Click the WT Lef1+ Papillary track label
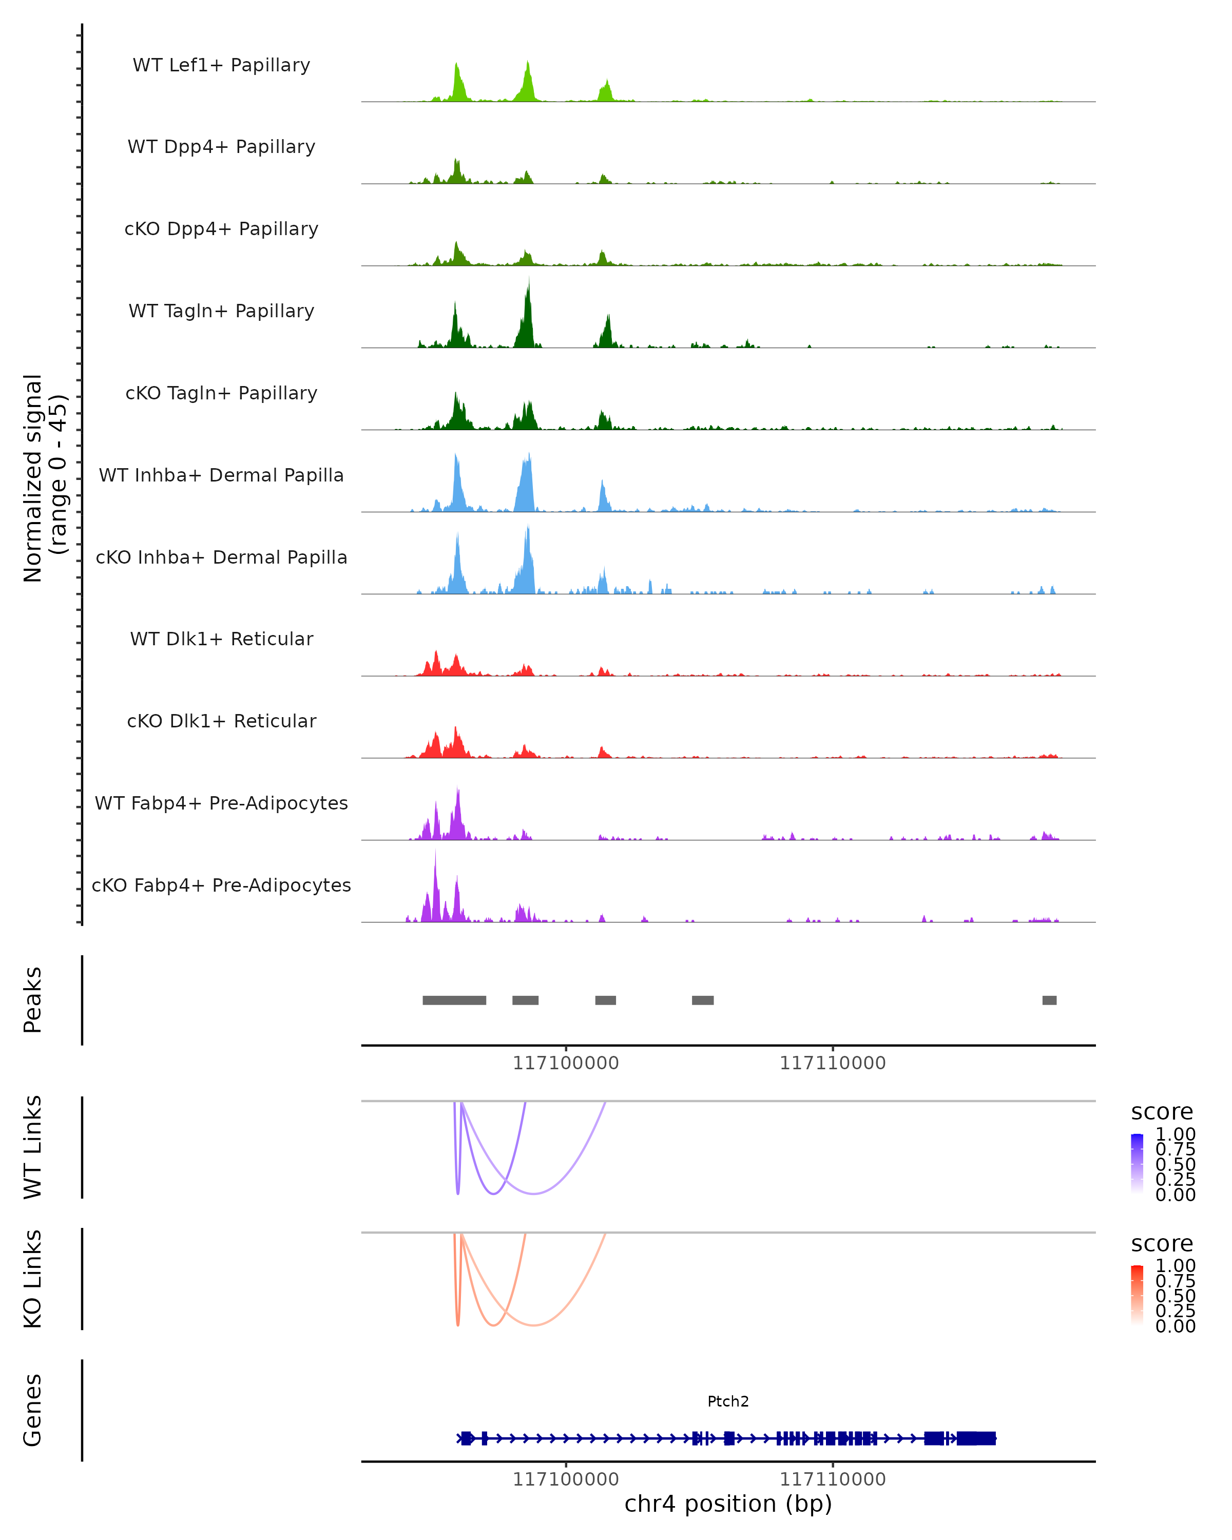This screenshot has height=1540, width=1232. [x=221, y=65]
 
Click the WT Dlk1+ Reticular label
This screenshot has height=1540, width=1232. [x=221, y=639]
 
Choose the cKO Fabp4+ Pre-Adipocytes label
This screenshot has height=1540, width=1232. [x=221, y=885]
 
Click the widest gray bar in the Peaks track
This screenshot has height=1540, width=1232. [x=454, y=1000]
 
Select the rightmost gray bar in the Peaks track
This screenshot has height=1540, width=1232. [x=1049, y=1000]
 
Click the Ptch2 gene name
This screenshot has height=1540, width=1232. [x=728, y=1401]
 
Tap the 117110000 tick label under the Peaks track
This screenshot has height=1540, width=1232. [x=832, y=1063]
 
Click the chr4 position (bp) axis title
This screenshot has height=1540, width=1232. [x=728, y=1504]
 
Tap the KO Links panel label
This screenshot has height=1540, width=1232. [x=33, y=1279]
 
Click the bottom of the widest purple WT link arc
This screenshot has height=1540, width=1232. [x=533, y=1193]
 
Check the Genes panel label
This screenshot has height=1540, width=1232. [x=33, y=1410]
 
